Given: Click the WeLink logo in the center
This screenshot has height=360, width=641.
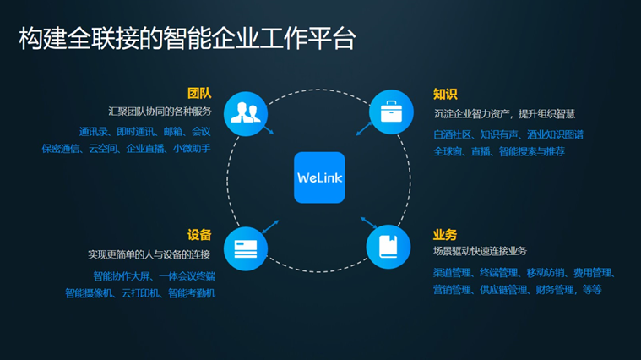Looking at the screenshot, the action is tap(319, 177).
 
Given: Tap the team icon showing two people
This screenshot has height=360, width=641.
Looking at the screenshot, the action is tap(246, 113).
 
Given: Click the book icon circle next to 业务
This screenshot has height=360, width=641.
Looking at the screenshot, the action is tap(388, 246).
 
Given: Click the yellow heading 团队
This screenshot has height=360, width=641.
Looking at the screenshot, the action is tap(199, 93).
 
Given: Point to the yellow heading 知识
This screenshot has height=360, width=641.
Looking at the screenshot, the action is tap(445, 93).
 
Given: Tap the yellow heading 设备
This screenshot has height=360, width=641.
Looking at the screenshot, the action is tap(199, 234).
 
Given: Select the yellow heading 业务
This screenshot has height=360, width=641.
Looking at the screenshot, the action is tap(445, 234).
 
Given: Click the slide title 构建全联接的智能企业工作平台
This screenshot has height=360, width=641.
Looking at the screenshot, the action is tap(187, 39).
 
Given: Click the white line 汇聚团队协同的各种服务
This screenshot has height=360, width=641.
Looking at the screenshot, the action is tap(160, 112).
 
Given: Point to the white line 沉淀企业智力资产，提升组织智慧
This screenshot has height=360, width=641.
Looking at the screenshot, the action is tap(504, 113).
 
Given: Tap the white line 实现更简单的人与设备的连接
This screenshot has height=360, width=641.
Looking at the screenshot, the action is tap(149, 254).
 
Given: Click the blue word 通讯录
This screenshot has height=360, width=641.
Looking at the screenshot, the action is tap(94, 132).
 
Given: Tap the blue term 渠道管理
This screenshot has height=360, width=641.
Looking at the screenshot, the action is tap(452, 273).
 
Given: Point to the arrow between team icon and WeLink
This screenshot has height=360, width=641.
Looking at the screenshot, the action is tap(268, 130).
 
